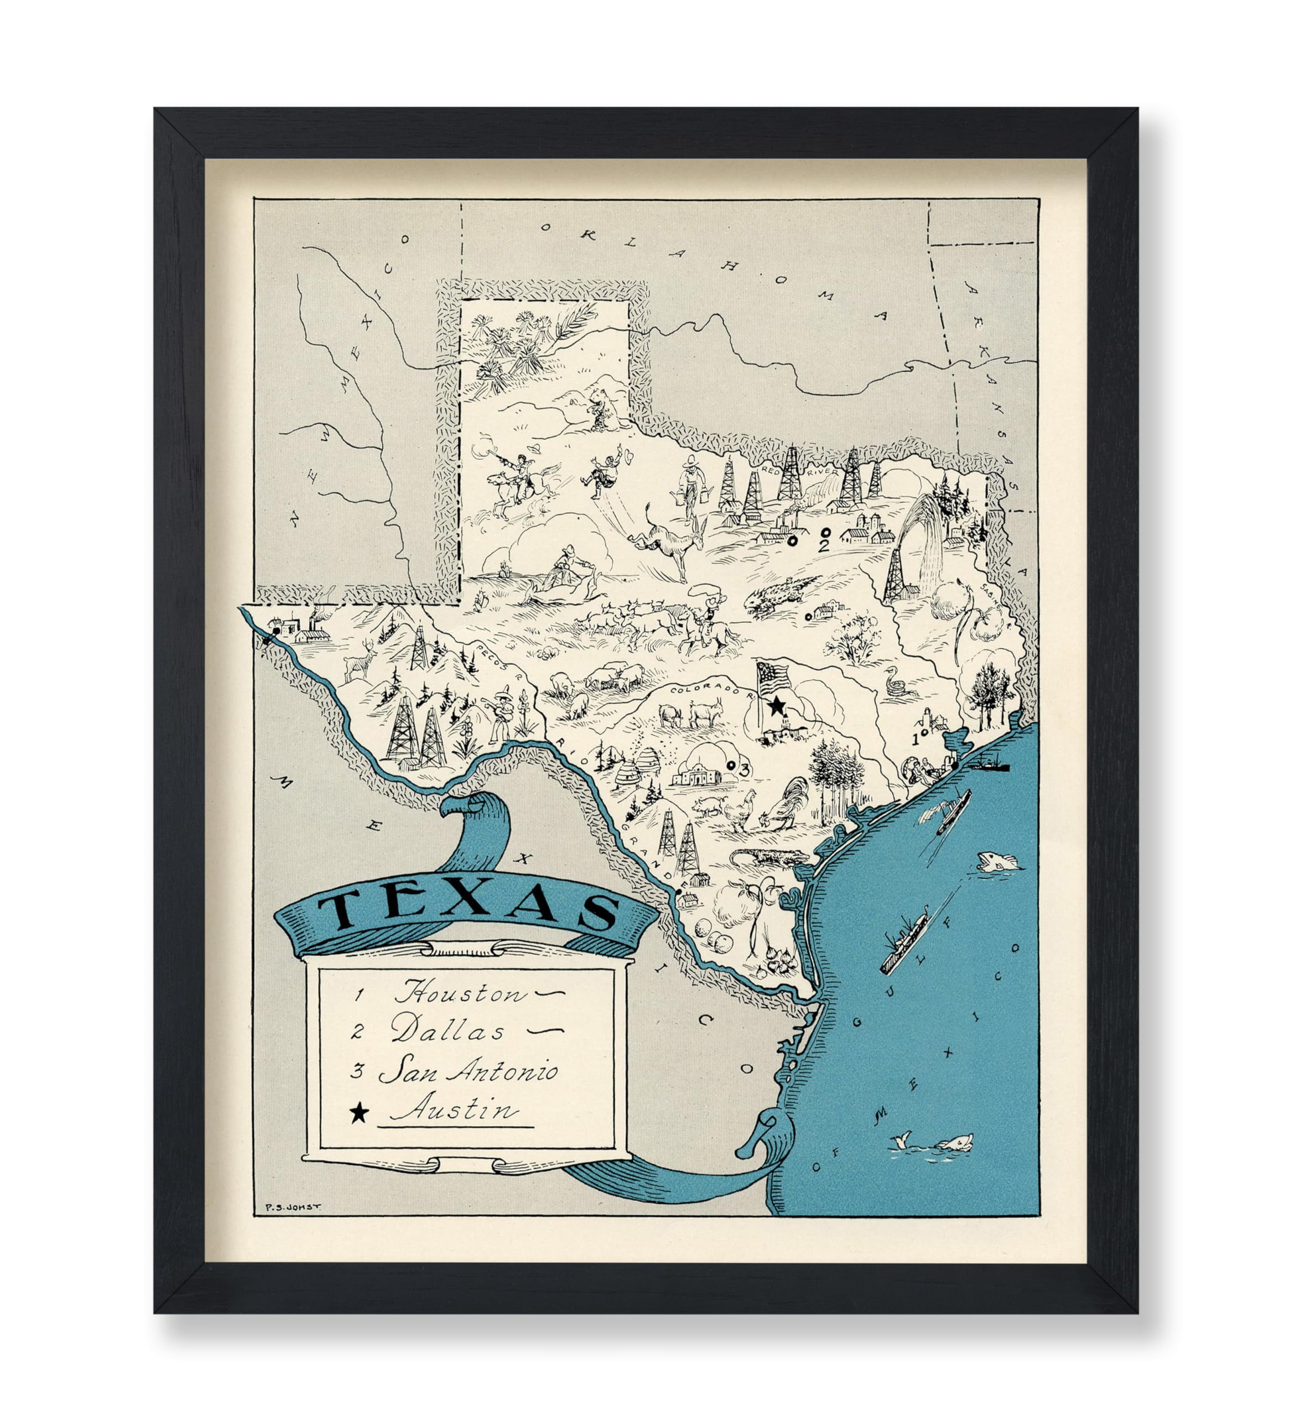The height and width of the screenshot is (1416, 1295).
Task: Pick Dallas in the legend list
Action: point(448,1032)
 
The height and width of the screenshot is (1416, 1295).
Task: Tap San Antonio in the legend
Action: point(469,1072)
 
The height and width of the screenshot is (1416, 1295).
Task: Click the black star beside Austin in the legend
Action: point(359,1112)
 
